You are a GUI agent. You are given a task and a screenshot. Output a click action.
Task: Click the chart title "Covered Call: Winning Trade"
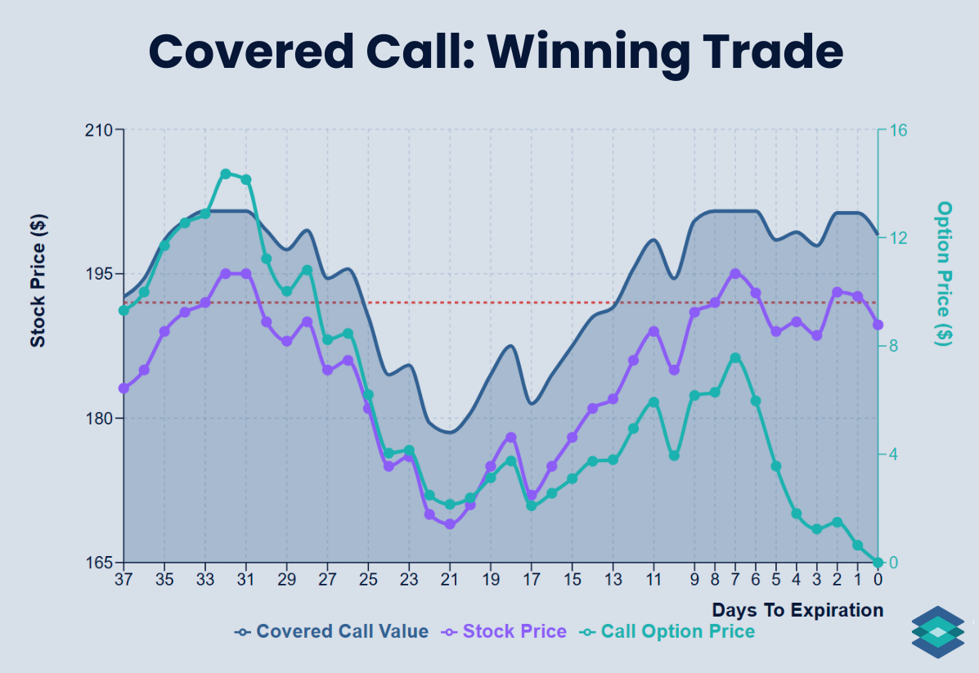click(x=496, y=52)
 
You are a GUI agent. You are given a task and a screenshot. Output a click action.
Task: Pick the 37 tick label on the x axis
click(x=123, y=579)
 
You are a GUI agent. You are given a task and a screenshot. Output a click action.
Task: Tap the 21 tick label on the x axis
click(x=449, y=579)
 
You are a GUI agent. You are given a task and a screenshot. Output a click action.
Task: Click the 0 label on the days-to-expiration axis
click(x=878, y=579)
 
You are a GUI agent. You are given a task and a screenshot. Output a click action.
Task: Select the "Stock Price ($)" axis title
click(x=38, y=281)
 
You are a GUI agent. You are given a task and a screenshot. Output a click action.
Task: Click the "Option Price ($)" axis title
click(x=945, y=273)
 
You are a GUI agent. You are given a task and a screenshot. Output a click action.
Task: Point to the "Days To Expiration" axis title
click(x=797, y=610)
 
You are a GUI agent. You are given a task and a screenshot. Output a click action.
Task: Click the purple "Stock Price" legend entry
click(x=504, y=631)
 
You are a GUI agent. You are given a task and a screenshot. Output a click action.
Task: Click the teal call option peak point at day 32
click(x=226, y=173)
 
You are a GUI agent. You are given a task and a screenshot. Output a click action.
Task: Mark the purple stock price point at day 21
click(x=449, y=524)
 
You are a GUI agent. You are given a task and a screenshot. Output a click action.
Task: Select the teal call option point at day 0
click(x=878, y=563)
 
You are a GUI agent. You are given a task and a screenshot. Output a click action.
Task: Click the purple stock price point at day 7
click(x=735, y=274)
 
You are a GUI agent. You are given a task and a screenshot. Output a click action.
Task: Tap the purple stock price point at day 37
click(x=123, y=388)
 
